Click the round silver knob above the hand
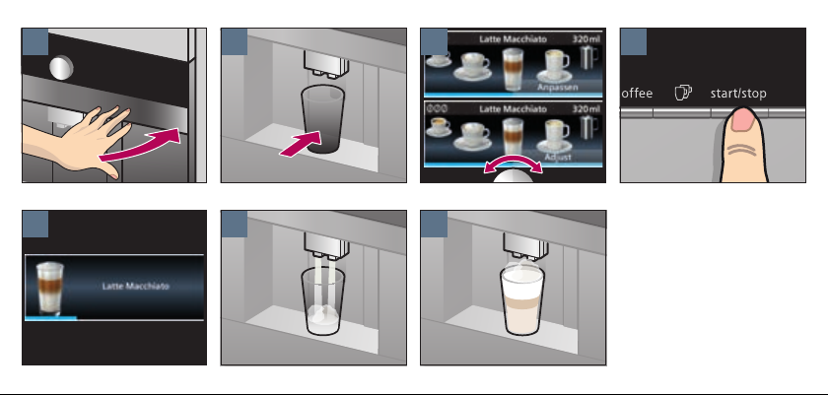(61, 68)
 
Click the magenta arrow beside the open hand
(140, 146)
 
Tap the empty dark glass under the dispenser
(322, 120)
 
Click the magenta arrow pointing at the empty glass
(301, 144)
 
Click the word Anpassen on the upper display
(558, 87)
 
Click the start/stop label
(738, 94)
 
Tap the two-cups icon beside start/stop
(683, 93)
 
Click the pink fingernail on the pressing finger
(743, 120)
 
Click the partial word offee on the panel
(637, 94)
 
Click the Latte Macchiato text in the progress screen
(136, 287)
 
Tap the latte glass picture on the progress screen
(49, 289)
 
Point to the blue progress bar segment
(50, 318)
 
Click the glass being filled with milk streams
(322, 301)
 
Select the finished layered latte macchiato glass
(522, 301)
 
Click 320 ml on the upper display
(586, 39)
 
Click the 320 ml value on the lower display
(586, 109)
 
